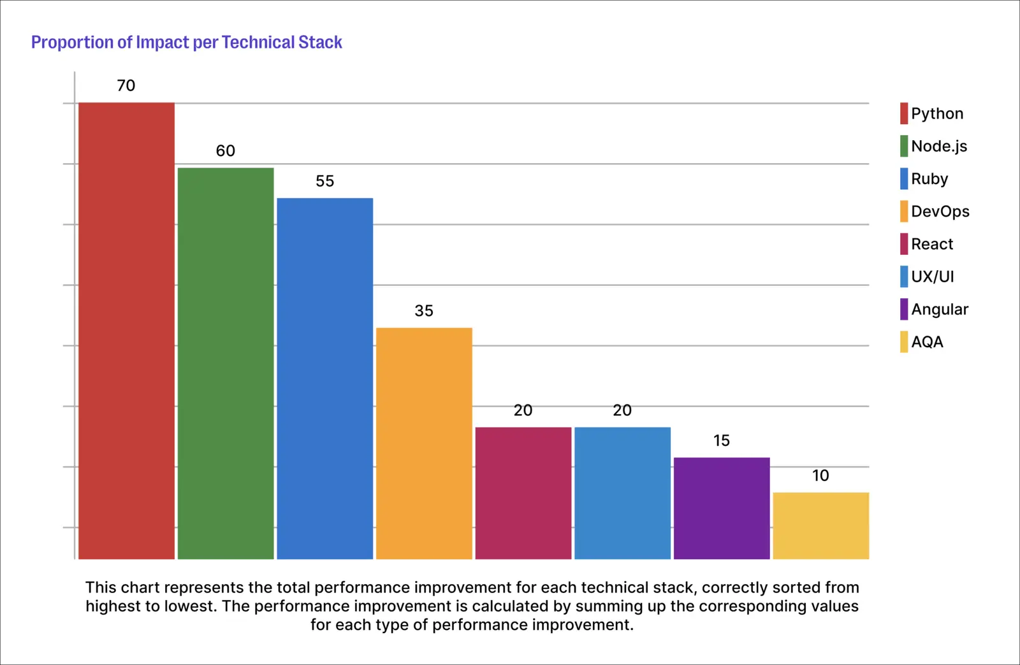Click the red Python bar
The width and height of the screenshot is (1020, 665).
tap(126, 331)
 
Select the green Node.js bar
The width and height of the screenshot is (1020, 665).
tap(226, 364)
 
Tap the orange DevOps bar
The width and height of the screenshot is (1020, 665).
tap(424, 443)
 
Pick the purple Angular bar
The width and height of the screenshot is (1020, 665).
tap(722, 508)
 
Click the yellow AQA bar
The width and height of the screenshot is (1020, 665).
tap(821, 526)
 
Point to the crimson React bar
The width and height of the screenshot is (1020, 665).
tap(523, 493)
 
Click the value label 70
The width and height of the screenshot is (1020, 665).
tap(126, 85)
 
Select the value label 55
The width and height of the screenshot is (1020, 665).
tap(324, 181)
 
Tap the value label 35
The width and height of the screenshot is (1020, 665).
tap(424, 311)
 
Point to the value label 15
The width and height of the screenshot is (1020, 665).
tap(722, 441)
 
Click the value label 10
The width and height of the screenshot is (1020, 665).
tap(820, 476)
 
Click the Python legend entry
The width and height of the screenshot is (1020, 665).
tap(931, 113)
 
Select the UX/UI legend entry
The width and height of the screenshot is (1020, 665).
tap(927, 276)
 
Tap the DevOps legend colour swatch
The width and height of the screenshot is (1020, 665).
tap(904, 211)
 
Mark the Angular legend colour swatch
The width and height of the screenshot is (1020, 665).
tap(904, 310)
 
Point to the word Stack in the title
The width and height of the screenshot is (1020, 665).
tap(319, 42)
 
